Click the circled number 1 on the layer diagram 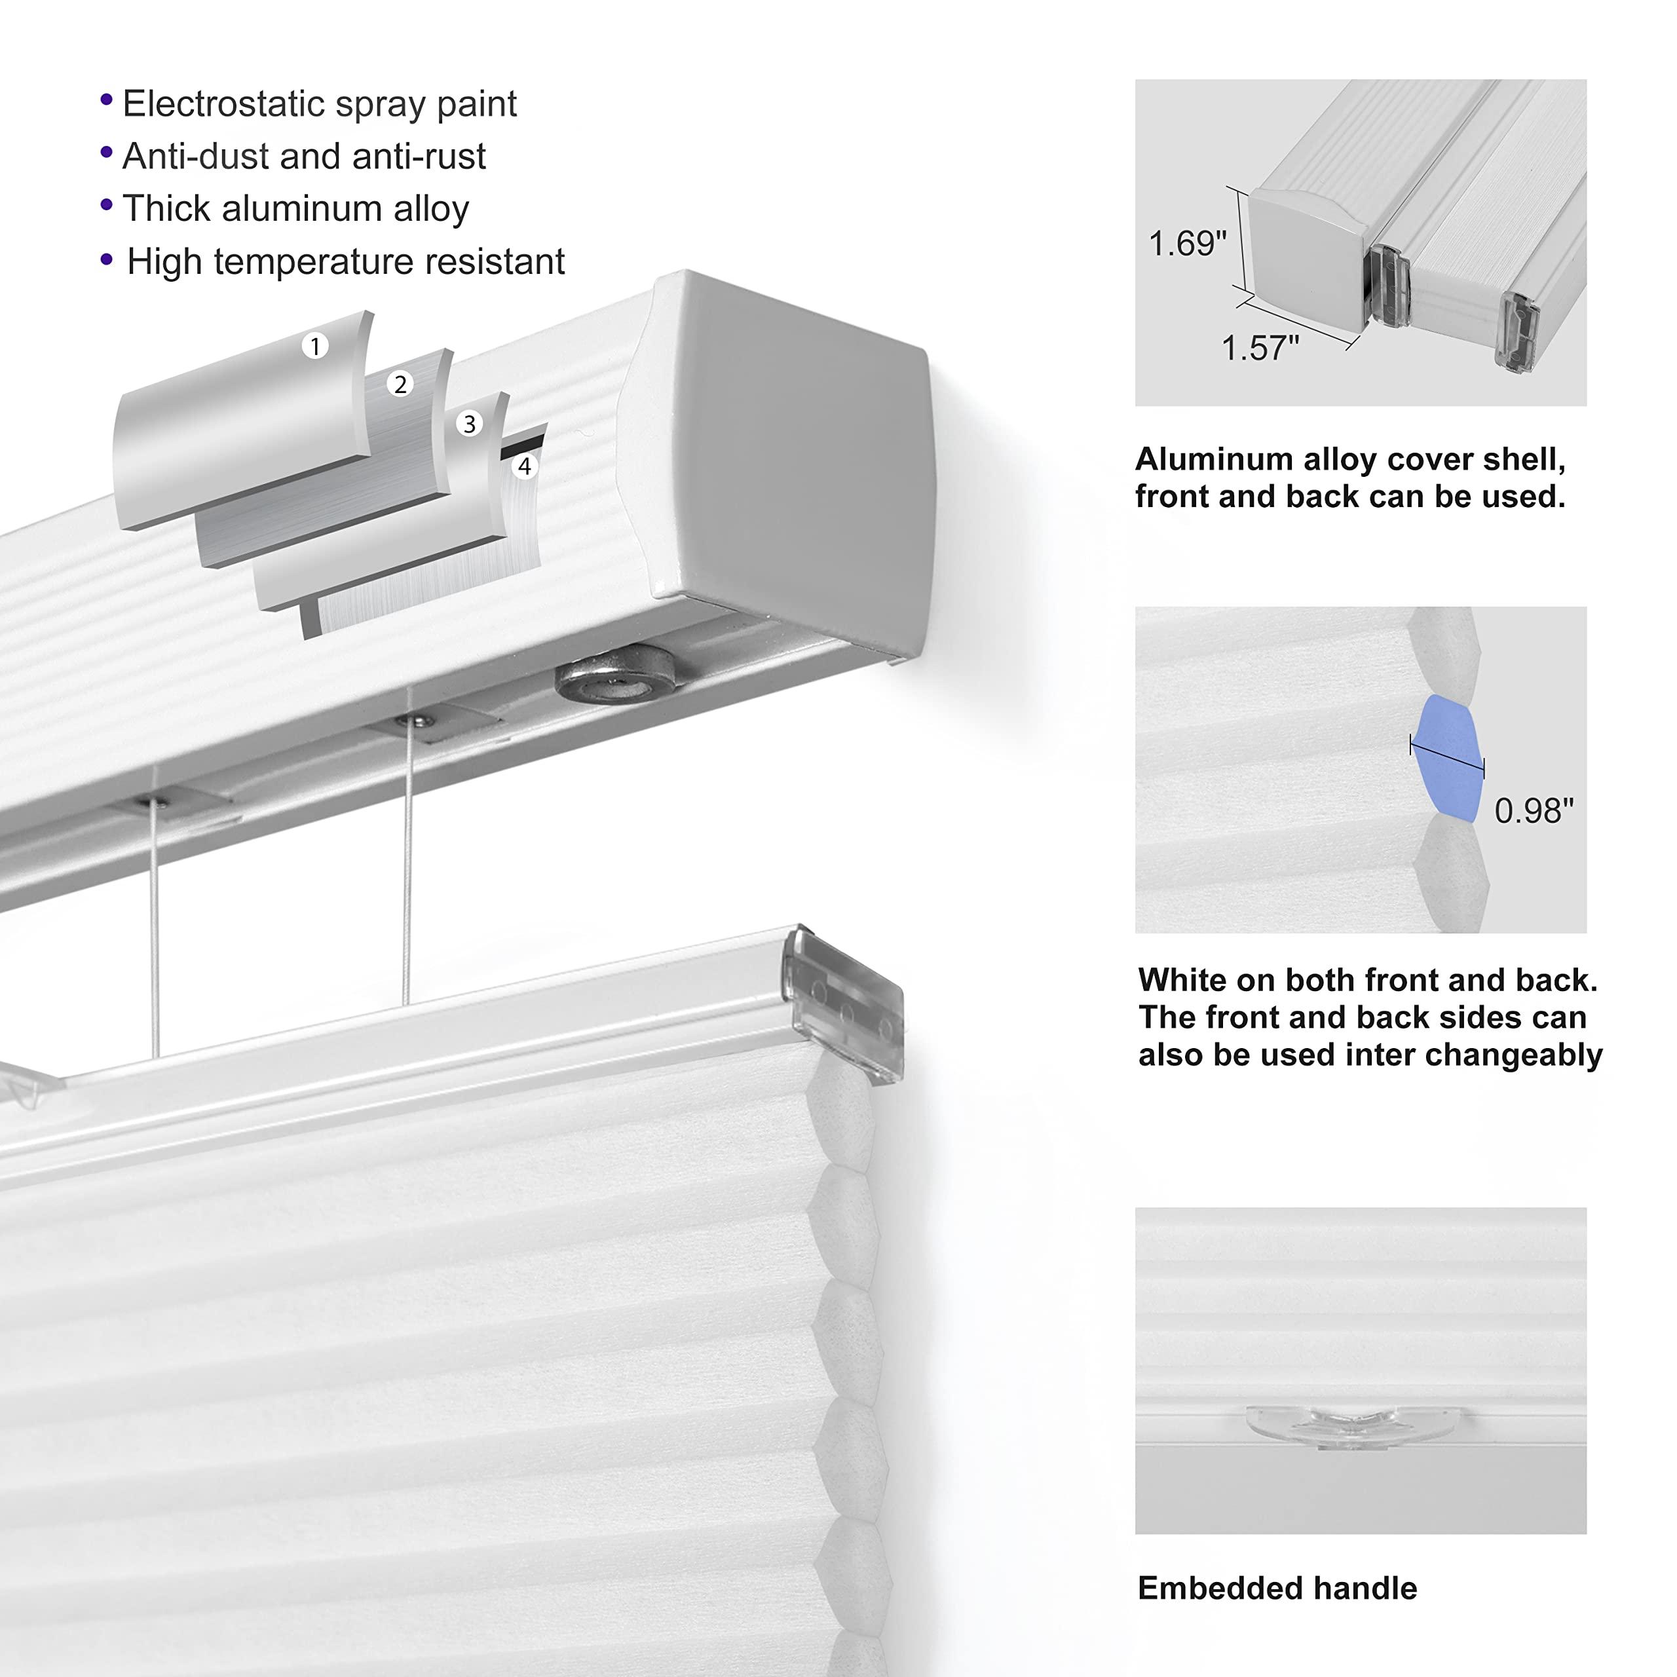(x=315, y=347)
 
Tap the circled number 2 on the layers (x=400, y=385)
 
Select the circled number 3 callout (x=470, y=424)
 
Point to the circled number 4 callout (x=524, y=466)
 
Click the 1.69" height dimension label (x=1186, y=244)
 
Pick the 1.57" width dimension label (x=1260, y=348)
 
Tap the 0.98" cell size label (x=1533, y=811)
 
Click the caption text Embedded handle (x=1277, y=1589)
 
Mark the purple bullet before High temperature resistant (x=107, y=259)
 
